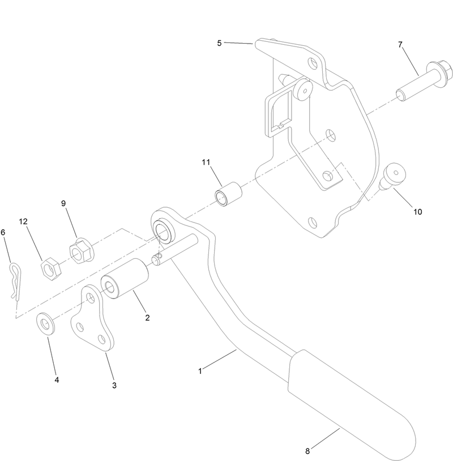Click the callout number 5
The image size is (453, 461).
219,42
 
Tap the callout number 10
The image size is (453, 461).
417,212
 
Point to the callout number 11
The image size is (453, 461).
206,162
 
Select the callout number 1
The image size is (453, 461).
199,371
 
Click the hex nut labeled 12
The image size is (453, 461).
51,267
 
